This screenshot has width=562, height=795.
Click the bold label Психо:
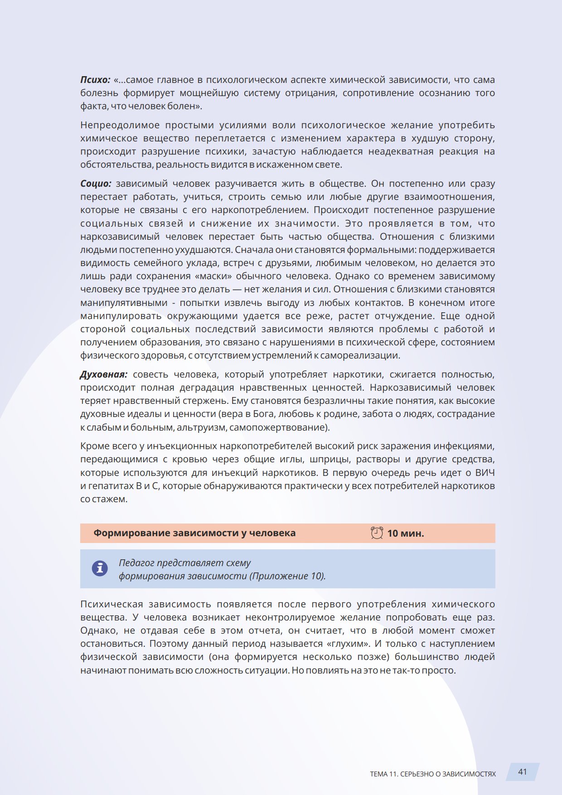tap(95, 80)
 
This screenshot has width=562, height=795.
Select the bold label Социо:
tap(96, 184)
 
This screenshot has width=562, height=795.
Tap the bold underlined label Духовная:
tap(103, 374)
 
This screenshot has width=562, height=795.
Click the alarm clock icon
tap(377, 533)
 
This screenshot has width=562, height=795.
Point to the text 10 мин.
tap(406, 533)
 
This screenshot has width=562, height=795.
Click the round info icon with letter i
tap(100, 568)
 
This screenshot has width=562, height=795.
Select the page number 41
tap(523, 772)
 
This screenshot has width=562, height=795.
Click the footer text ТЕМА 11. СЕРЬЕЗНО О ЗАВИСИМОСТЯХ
tap(432, 774)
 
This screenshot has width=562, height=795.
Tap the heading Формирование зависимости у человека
tap(194, 533)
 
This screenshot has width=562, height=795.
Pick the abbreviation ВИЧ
tap(485, 473)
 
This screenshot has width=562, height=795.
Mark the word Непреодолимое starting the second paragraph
tap(120, 125)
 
